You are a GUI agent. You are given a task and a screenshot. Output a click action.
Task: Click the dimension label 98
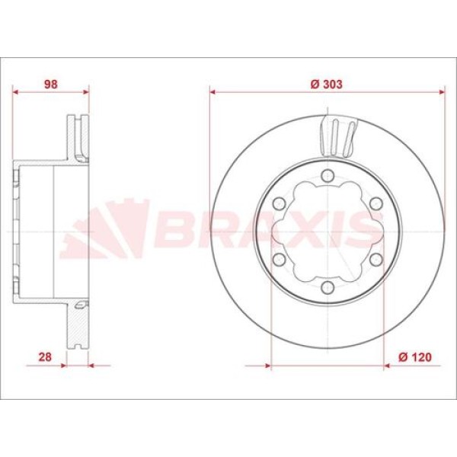click(51, 85)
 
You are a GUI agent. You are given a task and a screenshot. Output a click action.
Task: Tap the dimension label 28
click(45, 356)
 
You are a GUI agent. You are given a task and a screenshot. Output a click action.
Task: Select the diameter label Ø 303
click(327, 85)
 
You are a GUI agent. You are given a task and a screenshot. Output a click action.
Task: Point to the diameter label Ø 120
click(415, 356)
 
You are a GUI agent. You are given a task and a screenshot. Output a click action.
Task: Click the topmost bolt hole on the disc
click(328, 176)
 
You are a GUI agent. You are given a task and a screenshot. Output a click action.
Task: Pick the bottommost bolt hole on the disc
click(328, 287)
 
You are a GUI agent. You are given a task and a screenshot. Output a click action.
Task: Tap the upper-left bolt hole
click(279, 203)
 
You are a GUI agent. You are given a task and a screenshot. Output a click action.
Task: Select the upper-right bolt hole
click(376, 203)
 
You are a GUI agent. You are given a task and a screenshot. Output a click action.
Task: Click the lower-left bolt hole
click(279, 260)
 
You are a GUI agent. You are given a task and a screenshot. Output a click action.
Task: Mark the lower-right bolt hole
click(376, 260)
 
